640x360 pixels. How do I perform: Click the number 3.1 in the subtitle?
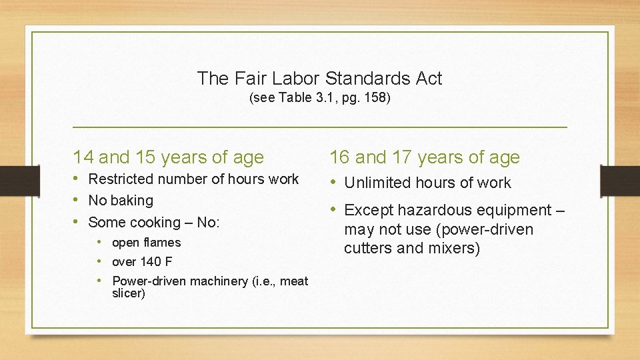pyautogui.click(x=323, y=98)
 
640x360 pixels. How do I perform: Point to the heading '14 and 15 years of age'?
pyautogui.click(x=168, y=157)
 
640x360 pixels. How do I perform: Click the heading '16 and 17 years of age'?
pyautogui.click(x=424, y=157)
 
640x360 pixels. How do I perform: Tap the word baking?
pyautogui.click(x=131, y=200)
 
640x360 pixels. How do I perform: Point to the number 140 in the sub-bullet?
pyautogui.click(x=151, y=262)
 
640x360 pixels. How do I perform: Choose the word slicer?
pyautogui.click(x=129, y=293)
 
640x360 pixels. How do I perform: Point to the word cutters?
pyautogui.click(x=369, y=249)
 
